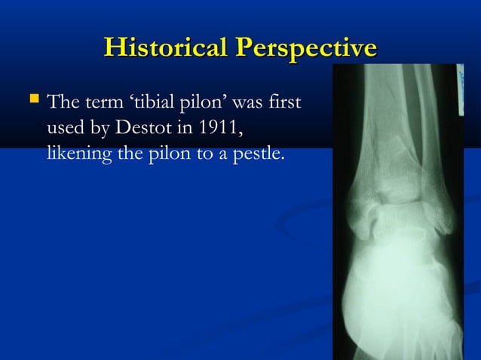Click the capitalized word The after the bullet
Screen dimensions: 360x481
[60, 101]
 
